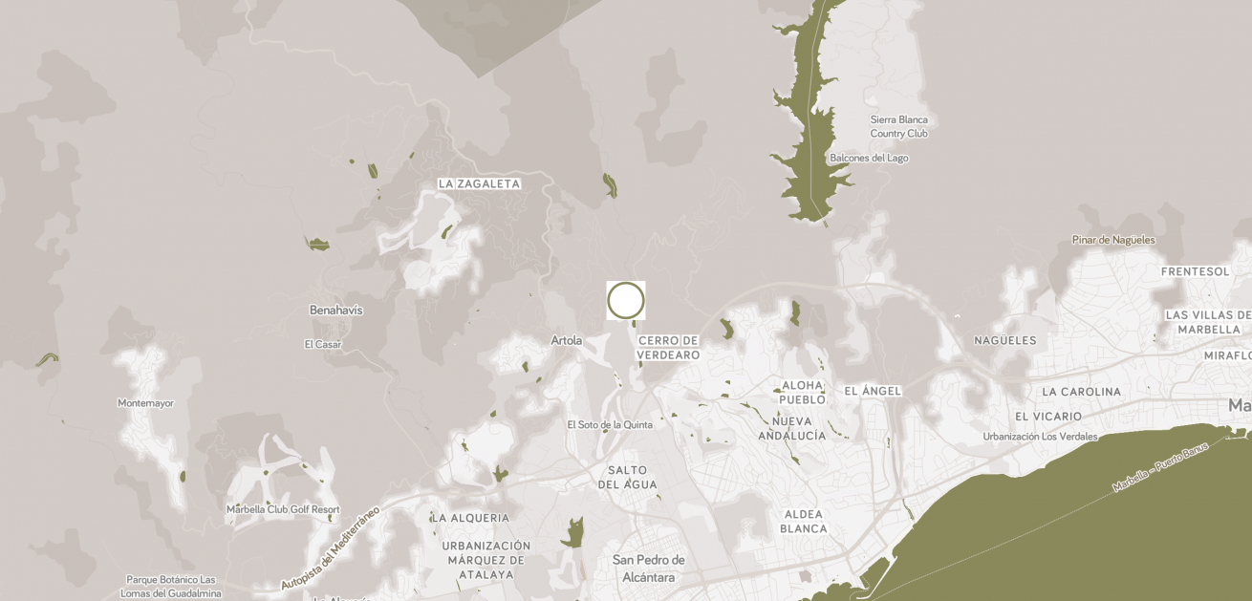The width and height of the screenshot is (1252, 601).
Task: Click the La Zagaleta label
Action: [479, 183]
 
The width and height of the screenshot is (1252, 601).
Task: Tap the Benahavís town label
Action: [335, 311]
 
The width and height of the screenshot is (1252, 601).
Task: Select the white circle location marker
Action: [626, 300]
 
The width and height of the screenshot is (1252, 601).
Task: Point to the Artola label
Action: [567, 340]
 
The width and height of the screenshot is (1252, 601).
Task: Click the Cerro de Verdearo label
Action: [669, 348]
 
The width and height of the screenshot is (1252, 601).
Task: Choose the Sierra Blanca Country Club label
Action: [898, 126]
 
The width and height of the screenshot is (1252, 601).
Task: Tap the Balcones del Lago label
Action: [869, 158]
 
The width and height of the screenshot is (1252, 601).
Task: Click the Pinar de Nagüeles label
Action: [1113, 240]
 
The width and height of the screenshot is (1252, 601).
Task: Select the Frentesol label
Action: [1195, 271]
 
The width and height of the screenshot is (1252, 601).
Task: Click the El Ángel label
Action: [873, 392]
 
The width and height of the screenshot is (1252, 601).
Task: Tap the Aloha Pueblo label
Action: [803, 392]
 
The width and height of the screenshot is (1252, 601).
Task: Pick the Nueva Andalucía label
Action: [792, 428]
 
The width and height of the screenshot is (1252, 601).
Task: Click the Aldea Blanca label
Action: [803, 522]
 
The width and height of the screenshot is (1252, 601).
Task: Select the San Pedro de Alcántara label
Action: [649, 569]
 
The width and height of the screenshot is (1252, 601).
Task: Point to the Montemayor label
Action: [145, 403]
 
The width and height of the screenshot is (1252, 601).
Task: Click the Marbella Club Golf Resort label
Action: [283, 509]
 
